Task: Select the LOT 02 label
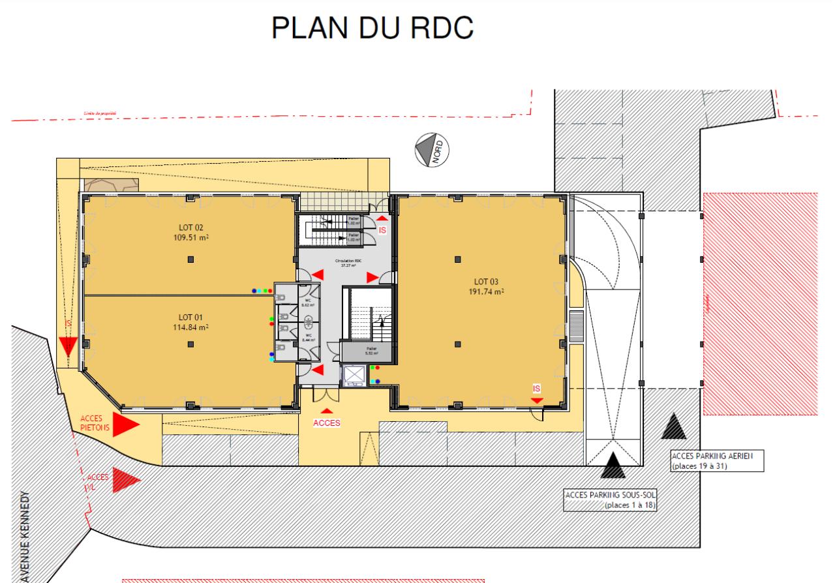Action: point(190,227)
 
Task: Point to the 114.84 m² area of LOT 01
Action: point(190,327)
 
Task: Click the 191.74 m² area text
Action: point(487,291)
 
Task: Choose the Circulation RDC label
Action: point(348,261)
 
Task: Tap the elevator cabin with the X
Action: point(354,375)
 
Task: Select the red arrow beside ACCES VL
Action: point(126,480)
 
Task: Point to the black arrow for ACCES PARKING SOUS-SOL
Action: point(613,465)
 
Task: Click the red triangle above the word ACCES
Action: point(326,411)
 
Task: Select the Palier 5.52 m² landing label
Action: point(372,350)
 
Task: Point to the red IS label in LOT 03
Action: point(537,389)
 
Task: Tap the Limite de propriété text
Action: point(100,113)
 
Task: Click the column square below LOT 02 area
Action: point(190,260)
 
